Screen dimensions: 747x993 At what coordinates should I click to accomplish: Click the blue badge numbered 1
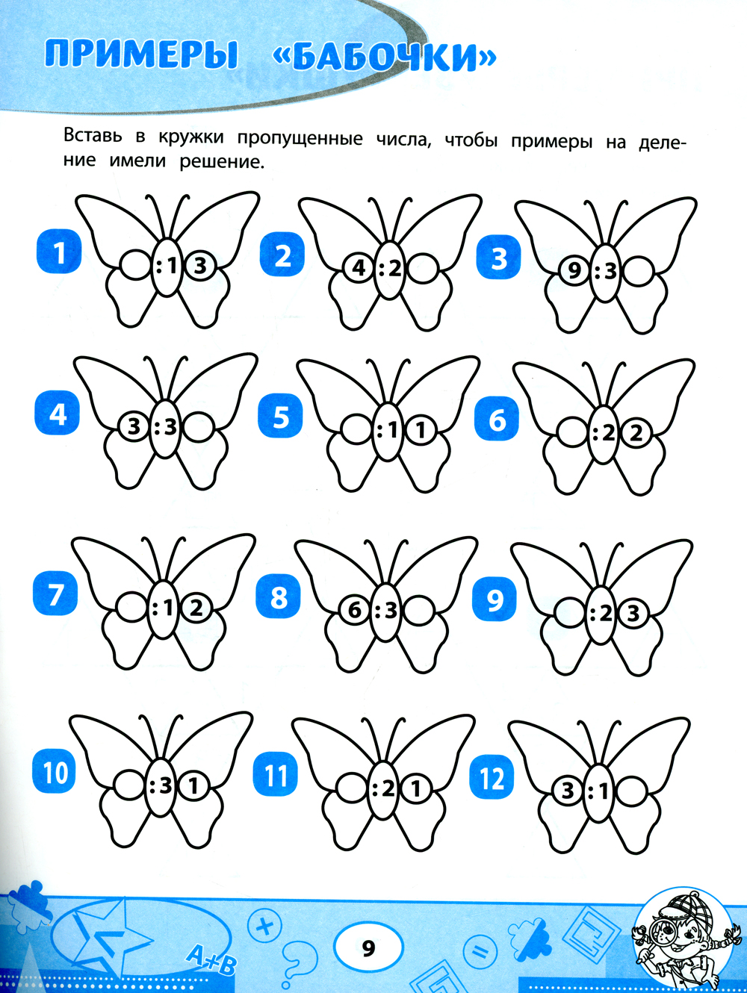tap(59, 252)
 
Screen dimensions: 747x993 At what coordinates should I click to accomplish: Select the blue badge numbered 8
tap(279, 598)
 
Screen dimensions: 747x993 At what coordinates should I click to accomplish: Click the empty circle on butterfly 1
tap(134, 265)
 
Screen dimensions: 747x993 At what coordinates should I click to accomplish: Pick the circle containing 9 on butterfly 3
tap(574, 273)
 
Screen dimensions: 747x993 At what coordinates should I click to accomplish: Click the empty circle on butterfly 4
tap(198, 426)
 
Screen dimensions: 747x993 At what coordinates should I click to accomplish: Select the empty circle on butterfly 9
tap(570, 614)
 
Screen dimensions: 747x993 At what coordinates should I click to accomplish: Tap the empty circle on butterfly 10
tap(128, 786)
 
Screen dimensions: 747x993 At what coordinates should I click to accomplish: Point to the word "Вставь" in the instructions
tap(93, 135)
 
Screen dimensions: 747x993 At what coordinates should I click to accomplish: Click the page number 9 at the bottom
tap(369, 947)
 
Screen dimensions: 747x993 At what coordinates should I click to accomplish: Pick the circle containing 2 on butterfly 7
tap(196, 608)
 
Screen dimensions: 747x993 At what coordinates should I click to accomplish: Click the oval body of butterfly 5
tap(387, 432)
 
